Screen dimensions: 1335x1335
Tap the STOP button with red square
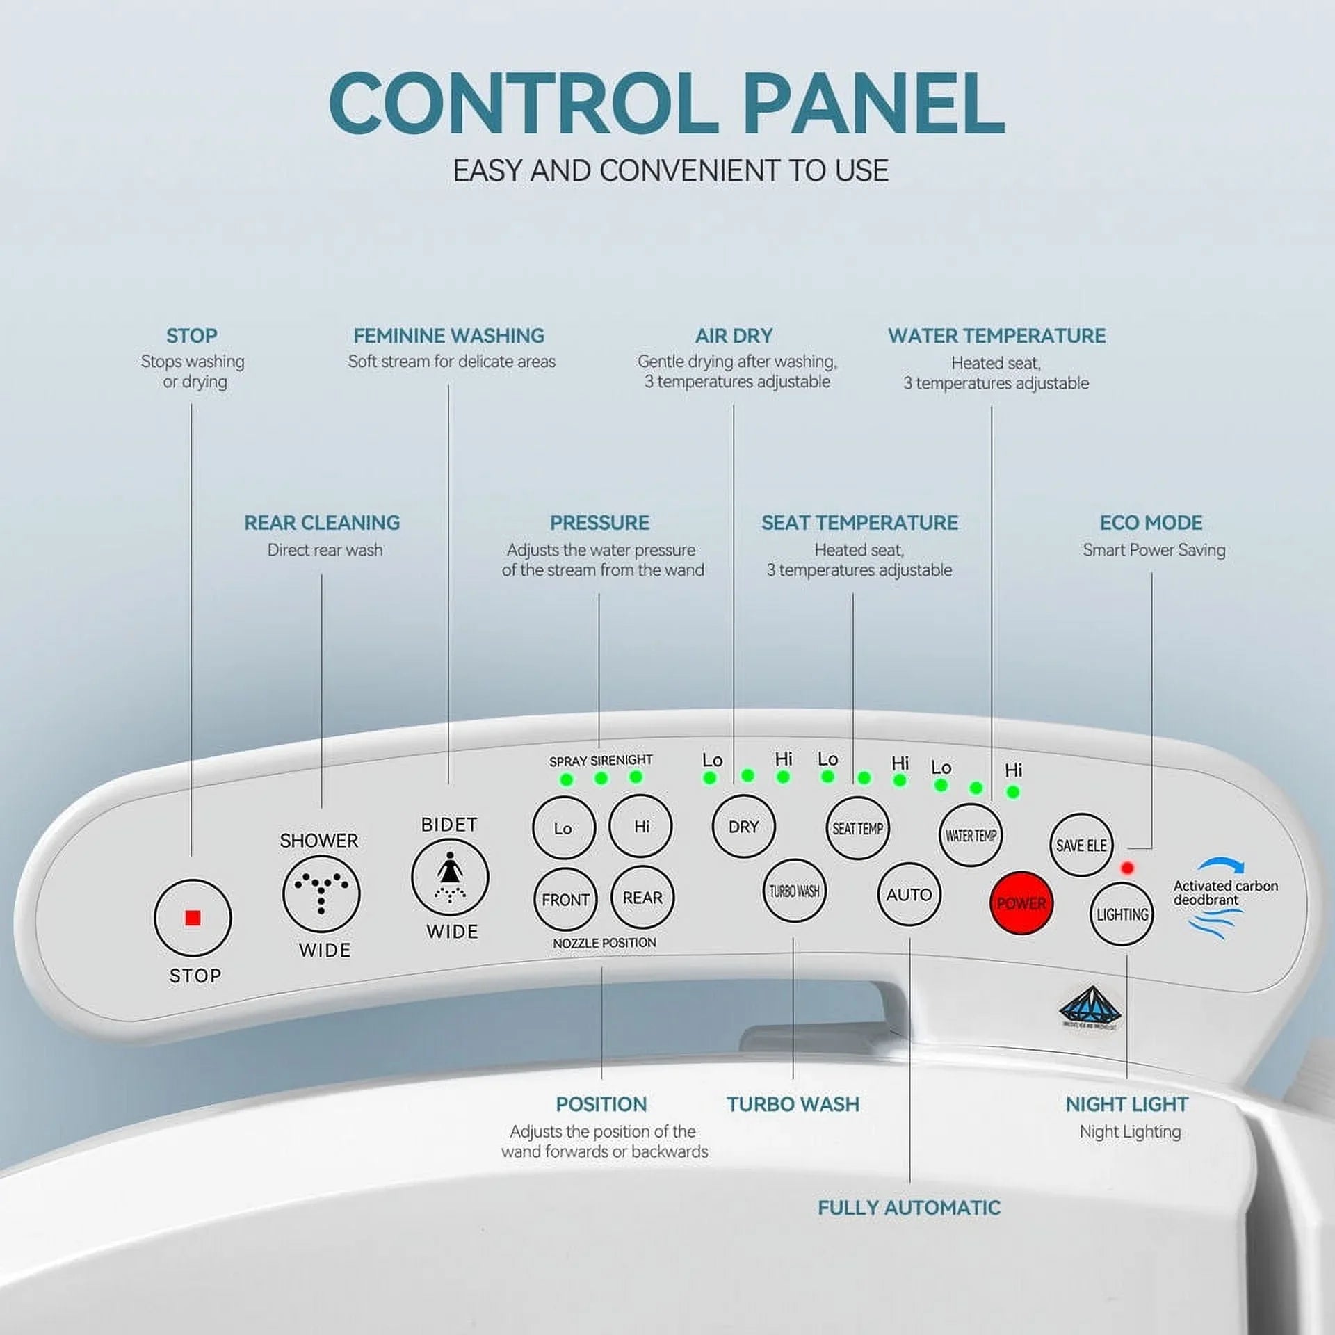coord(193,918)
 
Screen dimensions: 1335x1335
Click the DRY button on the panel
coord(743,827)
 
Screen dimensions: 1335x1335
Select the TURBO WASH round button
coord(794,891)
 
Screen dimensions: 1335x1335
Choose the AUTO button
coord(909,894)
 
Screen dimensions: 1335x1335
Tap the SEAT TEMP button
coord(857,829)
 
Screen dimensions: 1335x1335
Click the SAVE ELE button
coord(1081,845)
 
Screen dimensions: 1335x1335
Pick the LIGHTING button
coord(1122,914)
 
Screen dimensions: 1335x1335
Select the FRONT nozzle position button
coord(565,900)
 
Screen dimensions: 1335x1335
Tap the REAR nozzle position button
coord(642,898)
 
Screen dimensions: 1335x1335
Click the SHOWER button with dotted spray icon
coord(321,894)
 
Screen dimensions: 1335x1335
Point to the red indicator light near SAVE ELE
coord(1127,868)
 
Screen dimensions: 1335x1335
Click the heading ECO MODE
coord(1151,522)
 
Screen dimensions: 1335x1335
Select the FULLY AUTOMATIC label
coord(909,1208)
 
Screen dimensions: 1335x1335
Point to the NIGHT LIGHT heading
coord(1126,1104)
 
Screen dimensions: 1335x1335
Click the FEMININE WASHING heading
coord(448,336)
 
